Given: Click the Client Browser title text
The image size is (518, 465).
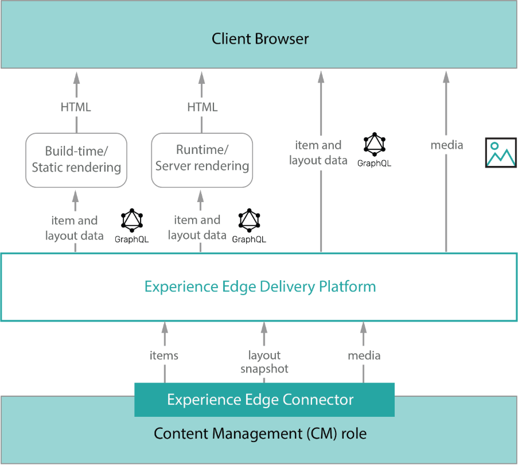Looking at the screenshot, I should tap(260, 39).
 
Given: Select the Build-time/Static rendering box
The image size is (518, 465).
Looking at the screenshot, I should tap(76, 160).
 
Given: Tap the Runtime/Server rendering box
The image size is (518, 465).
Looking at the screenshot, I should tap(202, 159).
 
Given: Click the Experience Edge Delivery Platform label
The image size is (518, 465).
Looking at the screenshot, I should tap(260, 286).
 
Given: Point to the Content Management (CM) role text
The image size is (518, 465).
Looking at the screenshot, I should tap(260, 433).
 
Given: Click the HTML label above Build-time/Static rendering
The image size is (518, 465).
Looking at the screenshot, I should tap(76, 107).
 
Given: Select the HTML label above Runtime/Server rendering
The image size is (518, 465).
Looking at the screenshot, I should tap(202, 107).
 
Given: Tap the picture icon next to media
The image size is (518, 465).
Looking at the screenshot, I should tap(501, 153).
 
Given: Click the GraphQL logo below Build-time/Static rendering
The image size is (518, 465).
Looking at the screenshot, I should tap(132, 221).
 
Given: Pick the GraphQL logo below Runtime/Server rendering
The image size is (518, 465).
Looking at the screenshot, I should tap(249, 221).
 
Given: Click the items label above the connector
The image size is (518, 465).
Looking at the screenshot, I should tap(164, 356).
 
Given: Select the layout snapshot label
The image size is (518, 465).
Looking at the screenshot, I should tap(264, 362).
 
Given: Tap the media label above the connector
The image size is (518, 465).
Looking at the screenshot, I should tap(364, 356).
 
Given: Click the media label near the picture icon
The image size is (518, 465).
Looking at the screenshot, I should tap(446, 145).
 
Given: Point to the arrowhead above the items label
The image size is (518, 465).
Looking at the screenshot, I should tap(165, 327).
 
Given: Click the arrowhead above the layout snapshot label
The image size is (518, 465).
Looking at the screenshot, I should tap(264, 327).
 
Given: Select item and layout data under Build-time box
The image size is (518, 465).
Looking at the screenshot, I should tap(75, 228).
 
